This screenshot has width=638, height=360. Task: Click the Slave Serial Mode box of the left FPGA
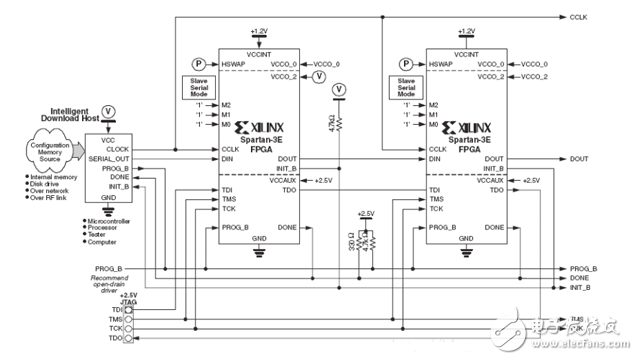point(197,86)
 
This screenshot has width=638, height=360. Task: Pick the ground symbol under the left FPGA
point(259,251)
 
